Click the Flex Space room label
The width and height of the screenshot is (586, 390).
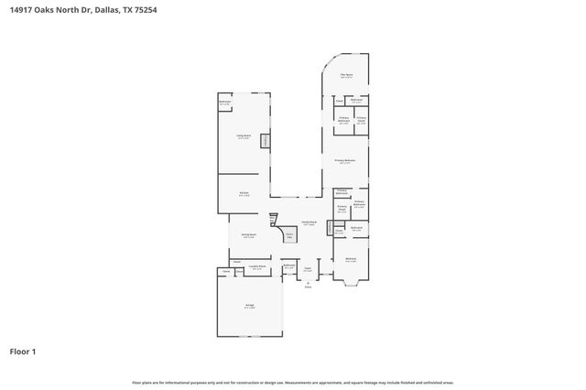348,76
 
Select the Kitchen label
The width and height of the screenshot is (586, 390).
244,193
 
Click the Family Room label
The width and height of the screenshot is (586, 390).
309,222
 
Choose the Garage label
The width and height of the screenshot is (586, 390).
249,306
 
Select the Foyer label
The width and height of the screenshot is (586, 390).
309,269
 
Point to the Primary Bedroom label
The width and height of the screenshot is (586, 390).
346,160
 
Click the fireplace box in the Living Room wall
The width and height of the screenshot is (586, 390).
265,140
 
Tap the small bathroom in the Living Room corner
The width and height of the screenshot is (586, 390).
224,103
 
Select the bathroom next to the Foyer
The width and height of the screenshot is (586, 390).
289,266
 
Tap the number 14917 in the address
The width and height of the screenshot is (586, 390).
22,10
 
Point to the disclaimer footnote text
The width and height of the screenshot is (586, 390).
293,382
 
